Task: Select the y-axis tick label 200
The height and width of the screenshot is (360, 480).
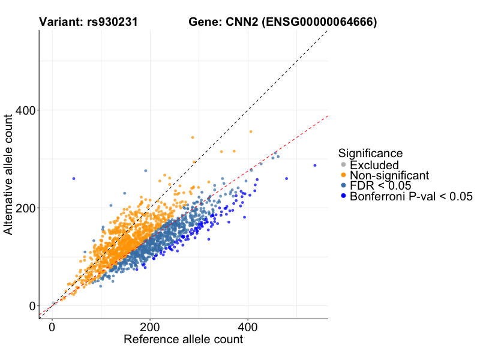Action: pyautogui.click(x=23, y=208)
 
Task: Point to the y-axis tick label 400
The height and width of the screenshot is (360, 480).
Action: pyautogui.click(x=23, y=110)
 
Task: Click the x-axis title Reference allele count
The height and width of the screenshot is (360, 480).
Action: pyautogui.click(x=183, y=340)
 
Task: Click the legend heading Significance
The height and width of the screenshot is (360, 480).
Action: pyautogui.click(x=370, y=153)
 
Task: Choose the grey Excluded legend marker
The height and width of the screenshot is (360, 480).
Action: pyautogui.click(x=343, y=164)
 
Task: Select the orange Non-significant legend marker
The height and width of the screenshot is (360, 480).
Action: pyautogui.click(x=343, y=175)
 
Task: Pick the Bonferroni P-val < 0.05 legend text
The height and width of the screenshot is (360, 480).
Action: pyautogui.click(x=412, y=196)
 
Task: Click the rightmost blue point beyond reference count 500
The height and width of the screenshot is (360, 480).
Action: pyautogui.click(x=314, y=166)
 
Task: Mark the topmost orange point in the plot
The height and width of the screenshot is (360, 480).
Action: pyautogui.click(x=251, y=132)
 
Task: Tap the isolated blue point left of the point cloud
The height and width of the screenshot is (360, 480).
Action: pyautogui.click(x=74, y=179)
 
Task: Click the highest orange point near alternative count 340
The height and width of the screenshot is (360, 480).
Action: pyautogui.click(x=193, y=137)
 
